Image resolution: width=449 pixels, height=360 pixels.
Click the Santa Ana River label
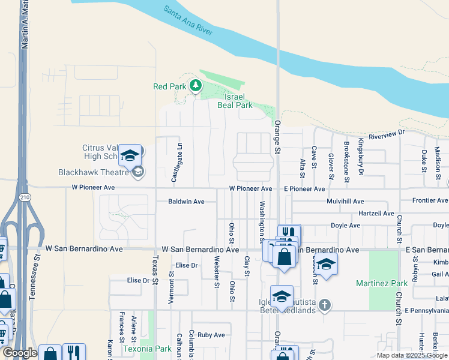[x=188, y=21]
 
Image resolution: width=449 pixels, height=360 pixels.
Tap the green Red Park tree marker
[x=195, y=86]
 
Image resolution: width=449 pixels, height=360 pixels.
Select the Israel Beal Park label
[x=238, y=101]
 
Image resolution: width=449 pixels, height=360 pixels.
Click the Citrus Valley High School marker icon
[x=130, y=156]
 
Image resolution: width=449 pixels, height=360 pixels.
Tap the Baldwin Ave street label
[x=187, y=202]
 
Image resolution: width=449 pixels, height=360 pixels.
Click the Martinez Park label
[x=390, y=283]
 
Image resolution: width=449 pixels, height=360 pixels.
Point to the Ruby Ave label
[x=211, y=335]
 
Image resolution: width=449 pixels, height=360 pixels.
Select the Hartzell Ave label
[x=375, y=214]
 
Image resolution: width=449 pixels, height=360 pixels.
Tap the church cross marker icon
[x=325, y=305]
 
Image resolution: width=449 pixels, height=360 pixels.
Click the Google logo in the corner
[x=19, y=353]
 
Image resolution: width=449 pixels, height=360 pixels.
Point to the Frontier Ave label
[x=430, y=200]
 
